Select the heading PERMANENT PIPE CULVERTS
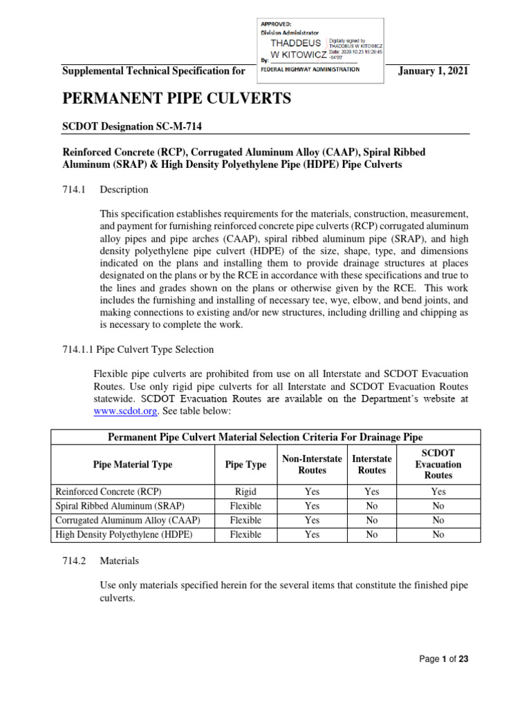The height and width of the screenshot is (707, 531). point(177,99)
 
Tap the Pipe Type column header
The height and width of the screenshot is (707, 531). point(245,465)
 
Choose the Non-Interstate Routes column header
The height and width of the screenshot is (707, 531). point(312,465)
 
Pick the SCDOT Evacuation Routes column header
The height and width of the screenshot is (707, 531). point(438,465)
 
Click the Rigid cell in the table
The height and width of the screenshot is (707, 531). point(245,492)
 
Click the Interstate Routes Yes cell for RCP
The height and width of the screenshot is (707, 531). point(371,492)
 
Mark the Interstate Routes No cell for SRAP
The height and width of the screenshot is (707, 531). point(371,506)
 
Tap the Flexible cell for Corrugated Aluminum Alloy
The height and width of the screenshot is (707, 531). point(245,521)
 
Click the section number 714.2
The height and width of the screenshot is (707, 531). point(73,561)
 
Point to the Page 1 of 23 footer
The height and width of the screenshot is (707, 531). point(444,659)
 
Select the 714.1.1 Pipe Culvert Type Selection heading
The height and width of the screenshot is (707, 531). point(138,349)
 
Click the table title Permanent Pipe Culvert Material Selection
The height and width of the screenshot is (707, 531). point(265,436)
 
